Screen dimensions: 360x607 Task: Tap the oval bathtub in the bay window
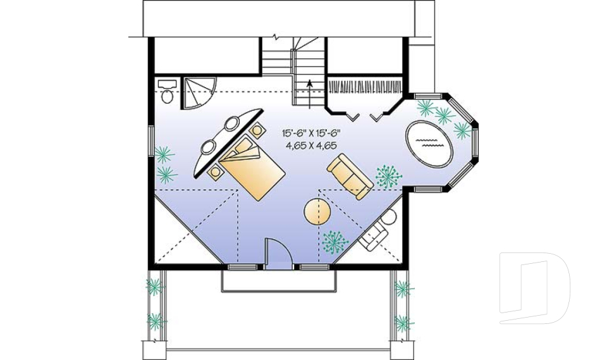tap(428, 143)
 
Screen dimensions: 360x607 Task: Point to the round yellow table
tap(317, 211)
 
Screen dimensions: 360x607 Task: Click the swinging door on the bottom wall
tap(276, 252)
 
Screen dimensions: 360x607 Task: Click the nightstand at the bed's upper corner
tap(257, 130)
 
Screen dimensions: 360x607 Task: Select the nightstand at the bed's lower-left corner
tap(216, 171)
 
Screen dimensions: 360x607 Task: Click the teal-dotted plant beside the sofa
tap(386, 177)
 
